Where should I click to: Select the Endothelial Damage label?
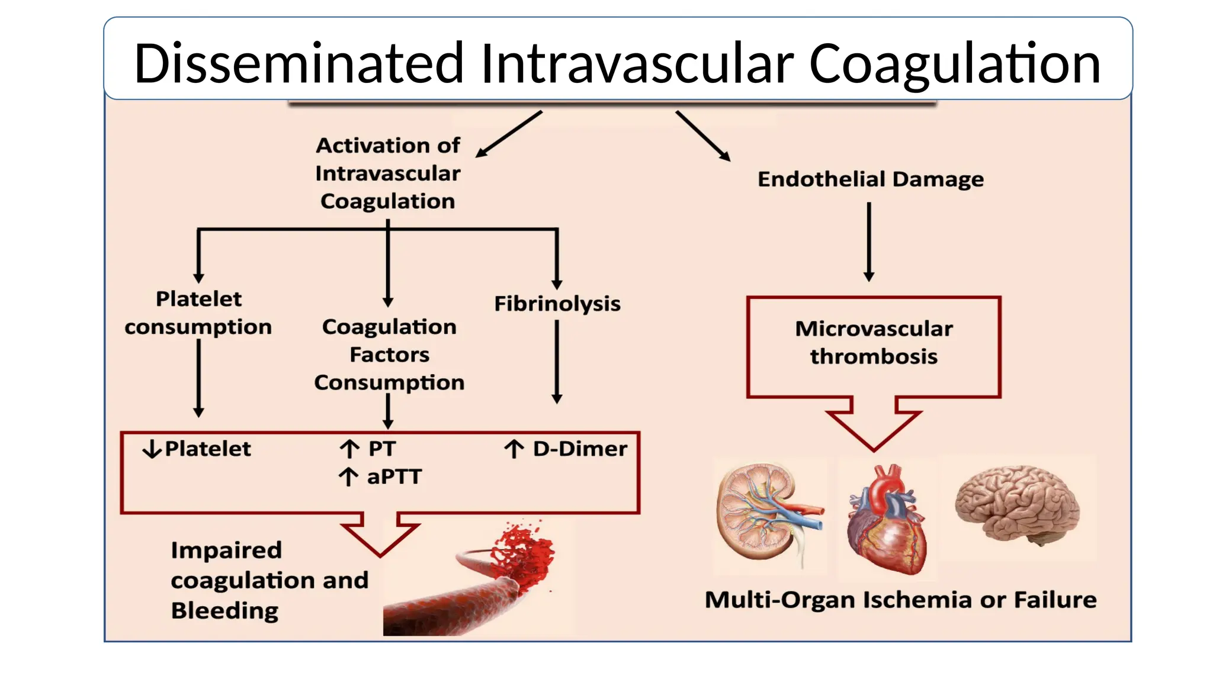pyautogui.click(x=870, y=179)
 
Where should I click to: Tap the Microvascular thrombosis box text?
pyautogui.click(x=874, y=342)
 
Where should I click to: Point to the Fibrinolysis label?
pyautogui.click(x=557, y=304)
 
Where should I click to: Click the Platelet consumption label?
pyautogui.click(x=198, y=313)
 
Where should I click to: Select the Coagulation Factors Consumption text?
pyautogui.click(x=389, y=354)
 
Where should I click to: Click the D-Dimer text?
pyautogui.click(x=579, y=449)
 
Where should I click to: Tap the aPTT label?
pyautogui.click(x=394, y=477)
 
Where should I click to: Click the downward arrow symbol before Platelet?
pyautogui.click(x=152, y=449)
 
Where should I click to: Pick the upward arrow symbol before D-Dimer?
pyautogui.click(x=514, y=449)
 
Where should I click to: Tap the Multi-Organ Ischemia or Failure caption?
pyautogui.click(x=900, y=600)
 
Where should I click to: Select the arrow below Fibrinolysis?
pyautogui.click(x=557, y=362)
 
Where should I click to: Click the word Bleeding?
pyautogui.click(x=224, y=610)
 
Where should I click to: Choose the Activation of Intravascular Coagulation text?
pyautogui.click(x=388, y=173)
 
